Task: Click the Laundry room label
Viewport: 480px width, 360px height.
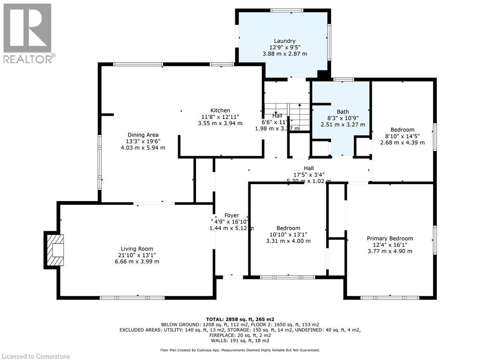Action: [x=285, y=41]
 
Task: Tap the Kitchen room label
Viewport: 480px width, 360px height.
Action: [x=220, y=111]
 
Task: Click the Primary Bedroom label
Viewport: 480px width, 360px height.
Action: [x=390, y=239]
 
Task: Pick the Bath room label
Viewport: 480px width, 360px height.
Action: [x=343, y=112]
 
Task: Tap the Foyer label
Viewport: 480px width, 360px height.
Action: [x=231, y=216]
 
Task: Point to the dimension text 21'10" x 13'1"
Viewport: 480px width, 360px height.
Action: [x=137, y=255]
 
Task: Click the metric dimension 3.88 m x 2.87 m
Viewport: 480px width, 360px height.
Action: [x=285, y=53]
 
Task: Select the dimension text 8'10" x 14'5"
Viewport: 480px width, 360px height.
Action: [x=402, y=136]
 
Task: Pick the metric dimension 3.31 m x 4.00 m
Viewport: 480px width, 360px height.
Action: [x=288, y=241]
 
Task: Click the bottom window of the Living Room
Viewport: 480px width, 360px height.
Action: [x=132, y=298]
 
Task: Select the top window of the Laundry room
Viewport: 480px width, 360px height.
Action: [x=286, y=10]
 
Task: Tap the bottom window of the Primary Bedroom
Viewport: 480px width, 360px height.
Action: [x=390, y=298]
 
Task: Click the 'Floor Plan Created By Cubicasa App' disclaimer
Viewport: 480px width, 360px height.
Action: [x=240, y=350]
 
